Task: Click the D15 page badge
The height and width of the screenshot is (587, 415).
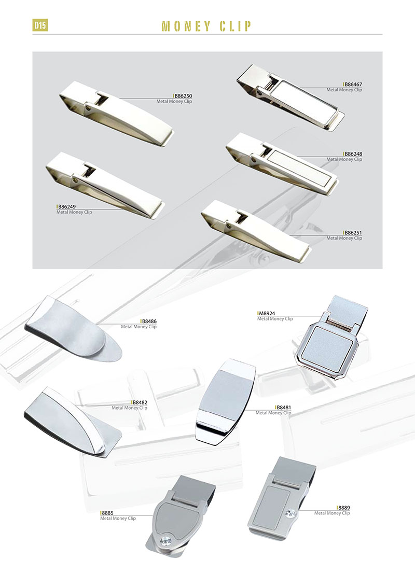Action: (40, 25)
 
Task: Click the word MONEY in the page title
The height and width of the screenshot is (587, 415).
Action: (186, 26)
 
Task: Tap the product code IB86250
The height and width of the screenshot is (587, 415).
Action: (183, 96)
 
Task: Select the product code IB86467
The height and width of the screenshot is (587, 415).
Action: (352, 85)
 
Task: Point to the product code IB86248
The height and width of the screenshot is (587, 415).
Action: (352, 154)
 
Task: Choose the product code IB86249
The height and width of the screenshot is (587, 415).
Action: (66, 207)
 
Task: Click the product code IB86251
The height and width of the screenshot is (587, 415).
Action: (352, 233)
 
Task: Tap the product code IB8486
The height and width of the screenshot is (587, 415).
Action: (149, 321)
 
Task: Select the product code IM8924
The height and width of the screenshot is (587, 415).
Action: (266, 313)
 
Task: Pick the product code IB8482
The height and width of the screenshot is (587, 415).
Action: (140, 402)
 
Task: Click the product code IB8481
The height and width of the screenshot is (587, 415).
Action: (283, 407)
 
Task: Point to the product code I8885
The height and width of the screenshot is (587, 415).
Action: (107, 513)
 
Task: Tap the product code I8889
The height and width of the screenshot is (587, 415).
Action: (343, 508)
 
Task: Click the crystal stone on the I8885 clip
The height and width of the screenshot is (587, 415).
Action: (165, 541)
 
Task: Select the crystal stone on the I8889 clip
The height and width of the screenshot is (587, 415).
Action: (290, 513)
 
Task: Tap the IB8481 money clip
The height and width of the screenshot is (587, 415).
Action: (226, 402)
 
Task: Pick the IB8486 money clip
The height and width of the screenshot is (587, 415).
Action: (74, 329)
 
